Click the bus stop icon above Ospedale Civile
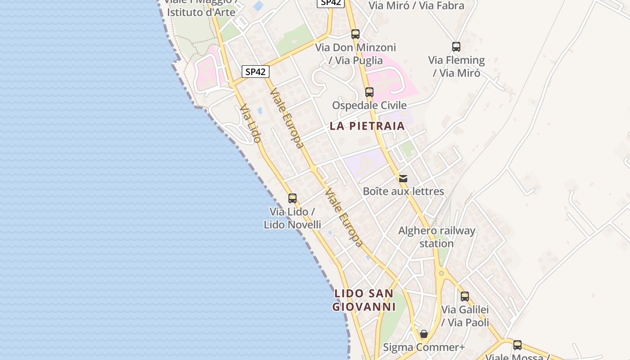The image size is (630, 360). [369, 92]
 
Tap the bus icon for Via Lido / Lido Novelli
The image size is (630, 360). [292, 198]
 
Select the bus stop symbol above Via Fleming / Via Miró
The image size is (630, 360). [456, 47]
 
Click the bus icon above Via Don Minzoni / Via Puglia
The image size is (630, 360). [355, 34]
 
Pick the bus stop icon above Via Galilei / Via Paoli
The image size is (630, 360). [465, 297]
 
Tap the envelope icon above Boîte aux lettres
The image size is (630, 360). [403, 179]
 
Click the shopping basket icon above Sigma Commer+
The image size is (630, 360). [424, 334]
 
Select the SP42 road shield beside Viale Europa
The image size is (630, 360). [256, 72]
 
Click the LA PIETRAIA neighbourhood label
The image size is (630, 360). [367, 126]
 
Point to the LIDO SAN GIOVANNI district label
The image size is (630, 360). [364, 300]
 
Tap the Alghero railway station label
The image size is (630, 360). [436, 237]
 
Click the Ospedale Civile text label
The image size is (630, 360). [369, 105]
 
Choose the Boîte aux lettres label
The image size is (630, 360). [403, 191]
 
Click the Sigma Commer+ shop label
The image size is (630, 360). [423, 347]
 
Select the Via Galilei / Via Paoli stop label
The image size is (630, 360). [465, 316]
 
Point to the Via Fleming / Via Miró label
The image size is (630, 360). [456, 67]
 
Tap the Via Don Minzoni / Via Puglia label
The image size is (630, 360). [355, 54]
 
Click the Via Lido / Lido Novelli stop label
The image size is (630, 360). [292, 218]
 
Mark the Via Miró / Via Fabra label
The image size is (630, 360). [416, 6]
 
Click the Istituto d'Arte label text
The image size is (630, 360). [201, 12]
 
